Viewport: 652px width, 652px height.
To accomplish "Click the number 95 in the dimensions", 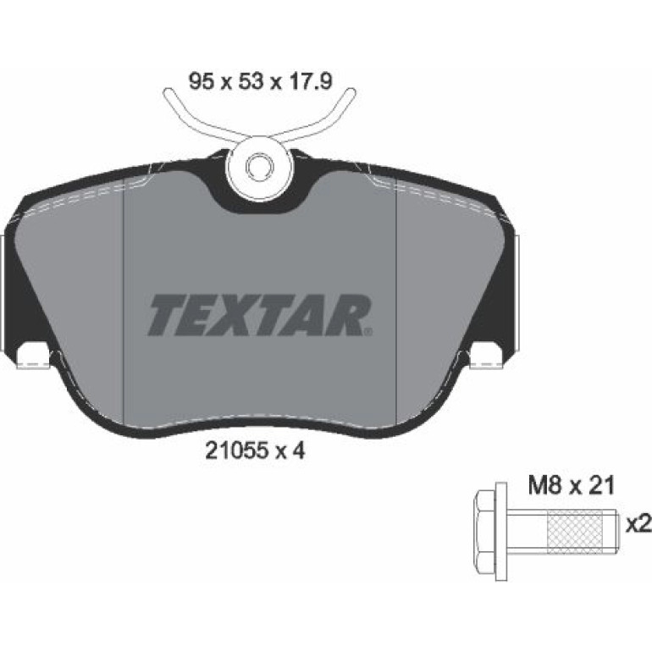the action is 202,81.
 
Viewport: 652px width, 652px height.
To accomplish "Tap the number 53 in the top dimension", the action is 251,81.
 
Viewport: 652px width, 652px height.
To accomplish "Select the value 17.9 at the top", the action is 308,81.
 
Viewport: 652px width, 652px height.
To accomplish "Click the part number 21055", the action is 235,450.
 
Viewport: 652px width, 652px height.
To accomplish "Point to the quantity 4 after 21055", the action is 298,450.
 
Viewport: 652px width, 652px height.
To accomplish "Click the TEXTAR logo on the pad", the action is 257,315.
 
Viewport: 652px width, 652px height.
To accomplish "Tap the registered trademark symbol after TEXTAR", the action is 368,331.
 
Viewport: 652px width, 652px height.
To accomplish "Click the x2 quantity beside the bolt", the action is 638,526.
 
